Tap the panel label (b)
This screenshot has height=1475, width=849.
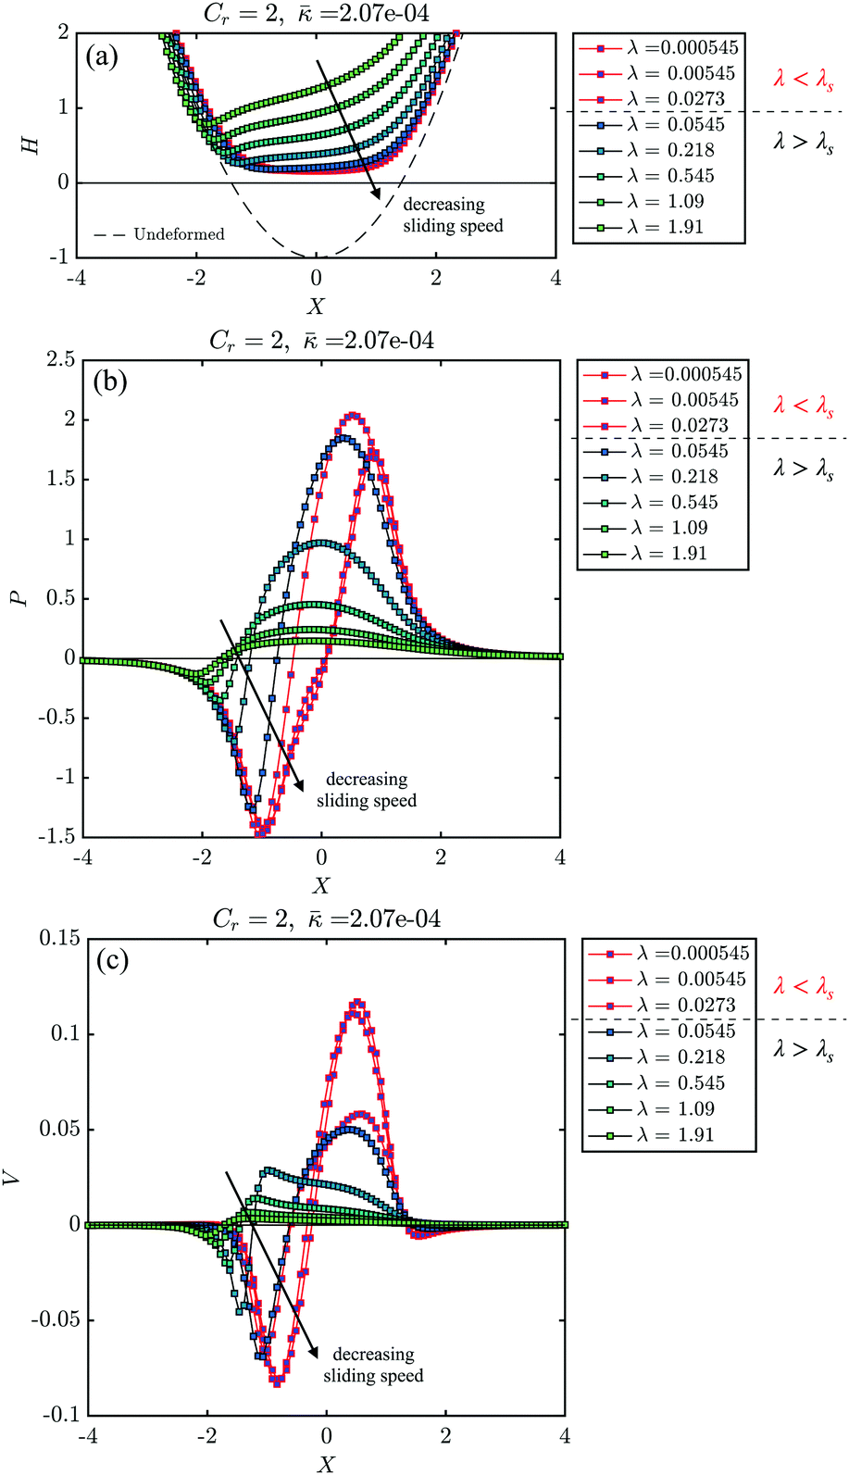pos(109,381)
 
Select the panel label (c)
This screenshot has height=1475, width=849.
pos(112,960)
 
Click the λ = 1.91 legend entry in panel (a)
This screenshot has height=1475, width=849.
pos(658,227)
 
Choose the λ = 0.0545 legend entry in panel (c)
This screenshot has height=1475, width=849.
pos(668,1031)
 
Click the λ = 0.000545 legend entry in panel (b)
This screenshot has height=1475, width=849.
pos(662,374)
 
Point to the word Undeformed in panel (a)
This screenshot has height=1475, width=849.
pos(179,234)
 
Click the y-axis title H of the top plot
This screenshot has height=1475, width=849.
pos(31,144)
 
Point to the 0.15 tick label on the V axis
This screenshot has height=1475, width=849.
pos(59,938)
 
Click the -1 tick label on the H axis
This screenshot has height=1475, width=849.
pos(60,257)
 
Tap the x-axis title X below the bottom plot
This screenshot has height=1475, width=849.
pos(325,1463)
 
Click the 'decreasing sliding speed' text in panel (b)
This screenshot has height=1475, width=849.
pos(367,790)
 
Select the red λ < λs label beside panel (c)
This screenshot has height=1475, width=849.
pos(803,987)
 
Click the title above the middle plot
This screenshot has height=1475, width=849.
pos(320,341)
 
